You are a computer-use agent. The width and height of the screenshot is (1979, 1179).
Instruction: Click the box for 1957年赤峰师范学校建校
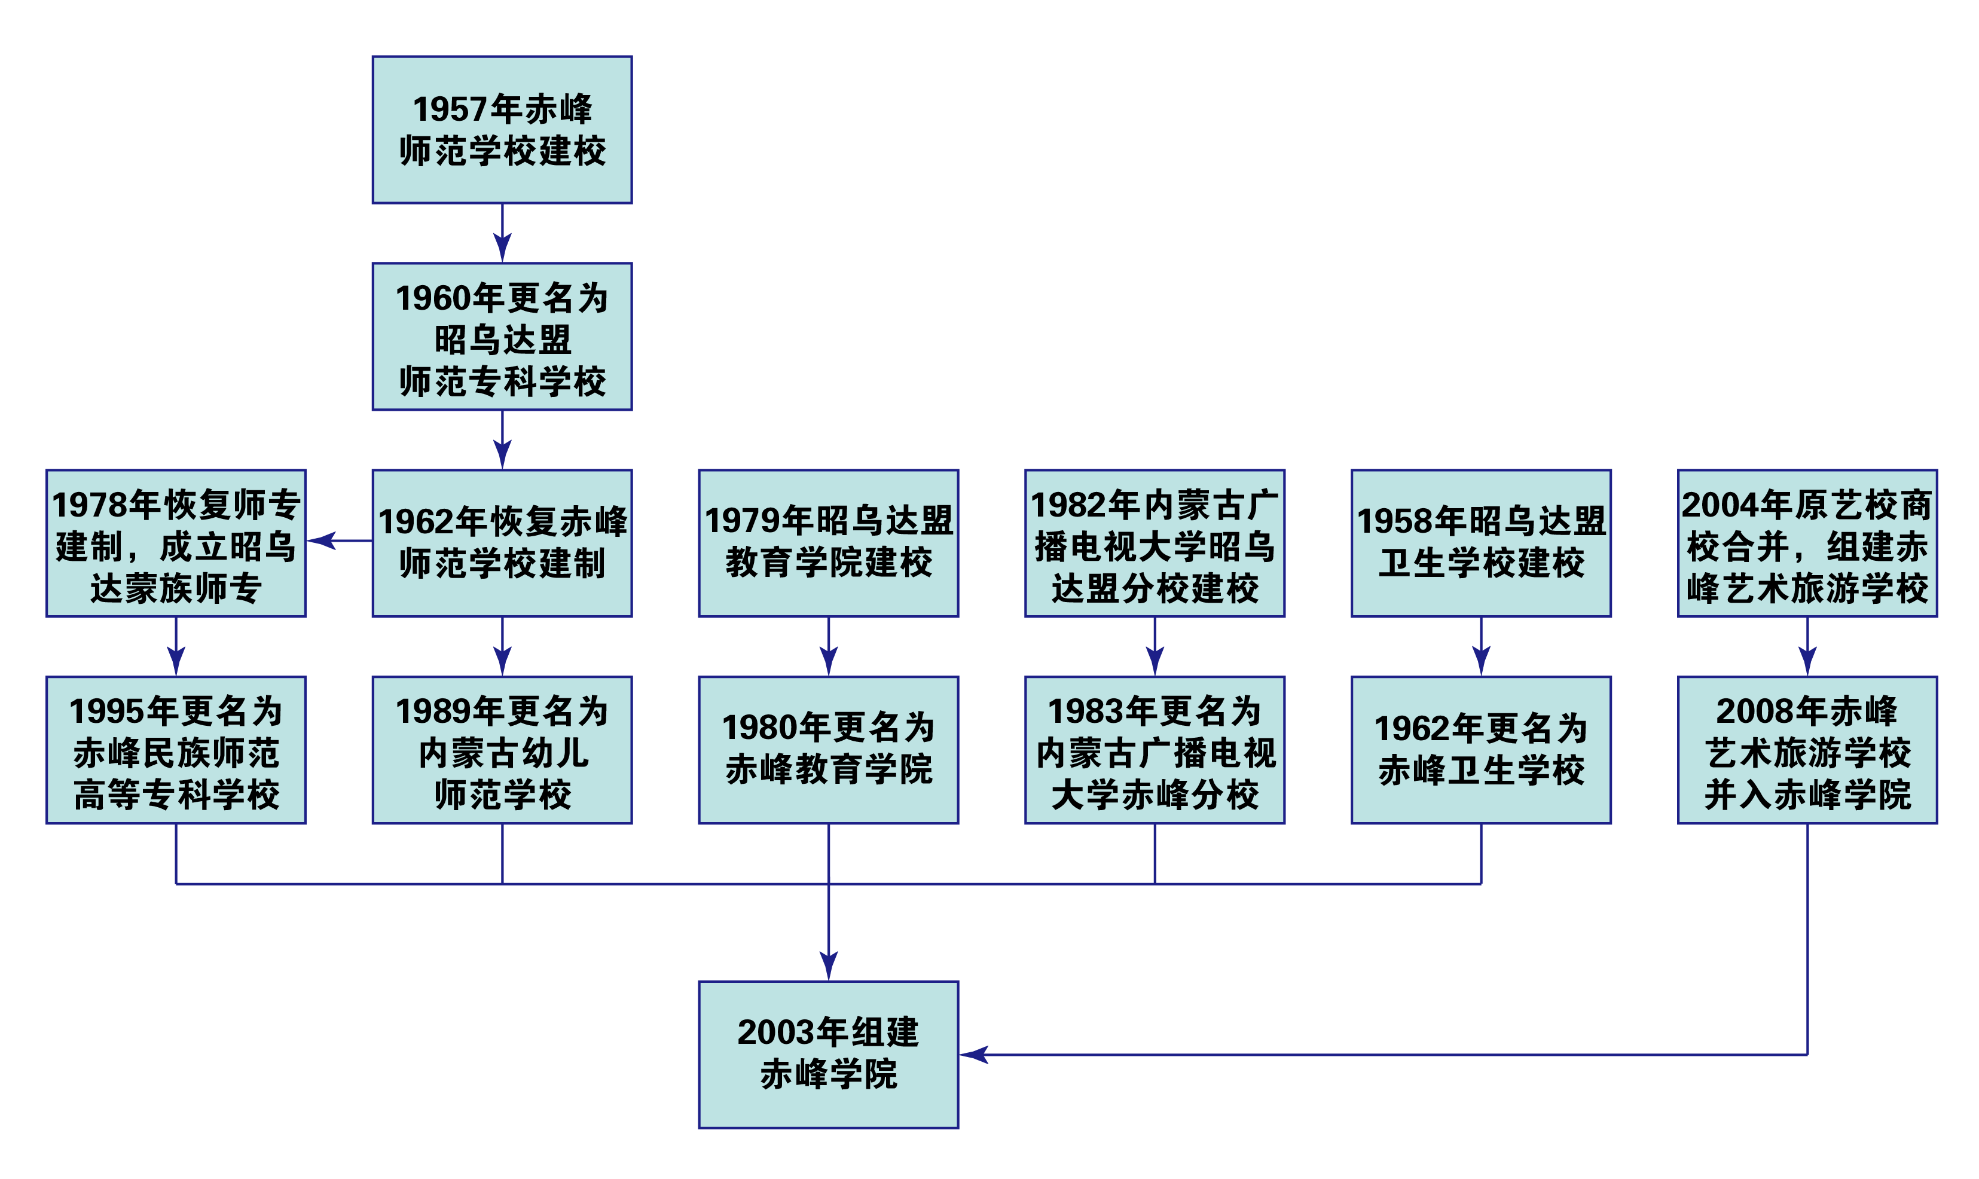click(502, 130)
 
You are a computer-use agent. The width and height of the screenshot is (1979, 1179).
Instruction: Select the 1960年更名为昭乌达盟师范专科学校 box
click(502, 337)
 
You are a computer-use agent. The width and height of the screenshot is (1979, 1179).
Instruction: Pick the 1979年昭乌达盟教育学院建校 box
click(829, 543)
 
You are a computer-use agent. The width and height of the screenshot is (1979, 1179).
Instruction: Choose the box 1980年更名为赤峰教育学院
click(829, 750)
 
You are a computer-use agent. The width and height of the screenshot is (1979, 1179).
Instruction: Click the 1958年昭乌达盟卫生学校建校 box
click(1481, 543)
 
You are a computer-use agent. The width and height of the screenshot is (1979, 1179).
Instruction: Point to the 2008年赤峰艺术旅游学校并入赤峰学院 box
click(1807, 750)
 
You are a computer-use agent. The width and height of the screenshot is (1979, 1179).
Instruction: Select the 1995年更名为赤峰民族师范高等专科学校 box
click(176, 750)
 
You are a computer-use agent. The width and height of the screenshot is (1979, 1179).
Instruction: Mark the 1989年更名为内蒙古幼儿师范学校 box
click(502, 750)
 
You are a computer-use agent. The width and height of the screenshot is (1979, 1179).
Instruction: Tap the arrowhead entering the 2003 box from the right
click(974, 1055)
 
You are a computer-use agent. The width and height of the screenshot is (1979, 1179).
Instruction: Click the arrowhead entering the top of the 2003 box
click(829, 966)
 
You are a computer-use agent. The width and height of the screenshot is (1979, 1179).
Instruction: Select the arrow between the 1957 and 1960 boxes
click(502, 233)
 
